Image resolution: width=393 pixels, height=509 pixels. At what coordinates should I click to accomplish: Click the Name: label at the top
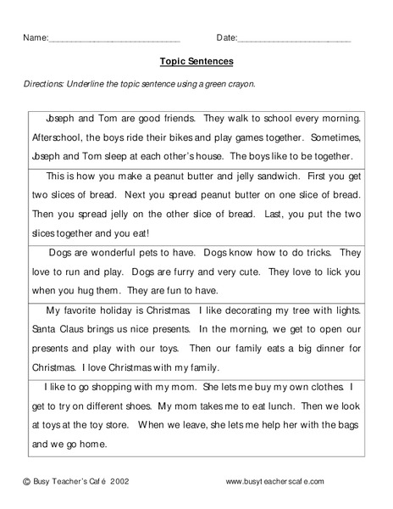pos(35,38)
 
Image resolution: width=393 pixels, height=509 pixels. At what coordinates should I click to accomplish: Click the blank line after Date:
pos(294,40)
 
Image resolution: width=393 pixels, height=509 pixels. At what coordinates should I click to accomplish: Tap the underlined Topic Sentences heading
pos(196,61)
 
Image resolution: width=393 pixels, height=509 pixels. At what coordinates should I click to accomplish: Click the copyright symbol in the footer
pos(26,482)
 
